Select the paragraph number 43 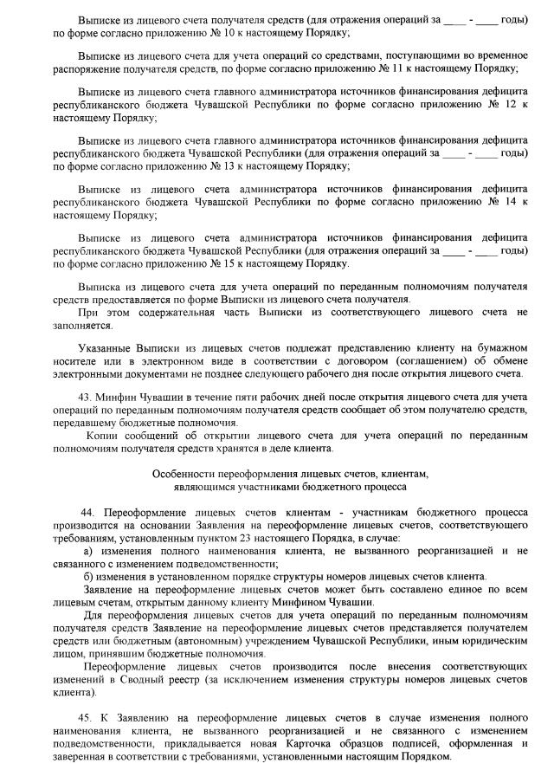point(84,397)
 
